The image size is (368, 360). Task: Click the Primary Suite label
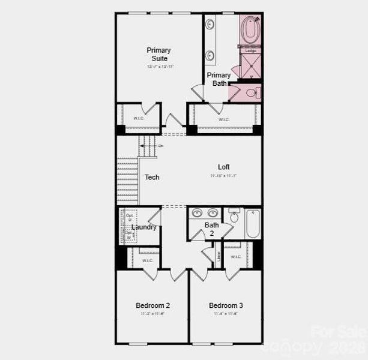(158, 54)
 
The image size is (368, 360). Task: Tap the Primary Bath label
(219, 79)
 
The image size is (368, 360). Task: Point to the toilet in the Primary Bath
(255, 92)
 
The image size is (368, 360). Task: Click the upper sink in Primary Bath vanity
(210, 25)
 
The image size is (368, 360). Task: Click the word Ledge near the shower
(251, 50)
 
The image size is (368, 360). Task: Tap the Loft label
(223, 167)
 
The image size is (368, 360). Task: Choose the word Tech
(152, 178)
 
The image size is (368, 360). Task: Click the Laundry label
(144, 227)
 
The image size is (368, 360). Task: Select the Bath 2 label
(211, 229)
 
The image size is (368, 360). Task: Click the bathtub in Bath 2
(252, 224)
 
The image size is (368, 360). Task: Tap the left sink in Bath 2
(197, 213)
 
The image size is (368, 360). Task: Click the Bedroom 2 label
(152, 305)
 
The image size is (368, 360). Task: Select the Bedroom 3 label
(226, 305)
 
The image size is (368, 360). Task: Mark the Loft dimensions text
(224, 176)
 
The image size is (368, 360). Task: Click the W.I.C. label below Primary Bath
(224, 119)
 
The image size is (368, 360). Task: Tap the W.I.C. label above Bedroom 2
(148, 260)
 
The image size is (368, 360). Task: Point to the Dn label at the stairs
(160, 146)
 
